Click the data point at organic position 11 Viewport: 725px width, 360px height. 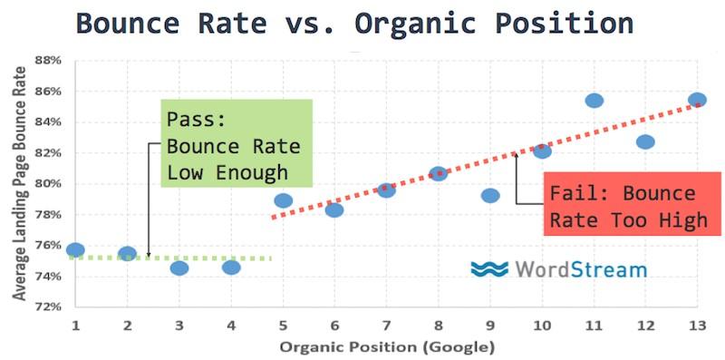point(594,100)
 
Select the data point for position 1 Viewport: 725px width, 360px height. point(75,250)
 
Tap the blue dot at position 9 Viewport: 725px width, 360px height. point(490,196)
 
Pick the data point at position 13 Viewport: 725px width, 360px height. point(697,100)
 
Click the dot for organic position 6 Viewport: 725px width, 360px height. point(334,210)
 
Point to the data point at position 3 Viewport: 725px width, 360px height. point(179,268)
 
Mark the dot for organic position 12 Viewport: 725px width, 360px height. point(645,141)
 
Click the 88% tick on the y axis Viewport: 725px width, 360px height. point(50,60)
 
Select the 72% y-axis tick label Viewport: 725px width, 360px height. point(50,306)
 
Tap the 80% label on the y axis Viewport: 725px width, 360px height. point(50,184)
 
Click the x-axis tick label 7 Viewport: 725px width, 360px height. point(386,326)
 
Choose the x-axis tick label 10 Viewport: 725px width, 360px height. point(542,326)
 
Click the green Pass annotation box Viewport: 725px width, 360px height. point(237,143)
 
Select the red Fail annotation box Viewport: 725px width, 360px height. point(632,204)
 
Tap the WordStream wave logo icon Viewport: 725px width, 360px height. point(488,268)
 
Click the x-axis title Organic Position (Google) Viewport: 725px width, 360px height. point(386,346)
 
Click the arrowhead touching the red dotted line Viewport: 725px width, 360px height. point(516,155)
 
